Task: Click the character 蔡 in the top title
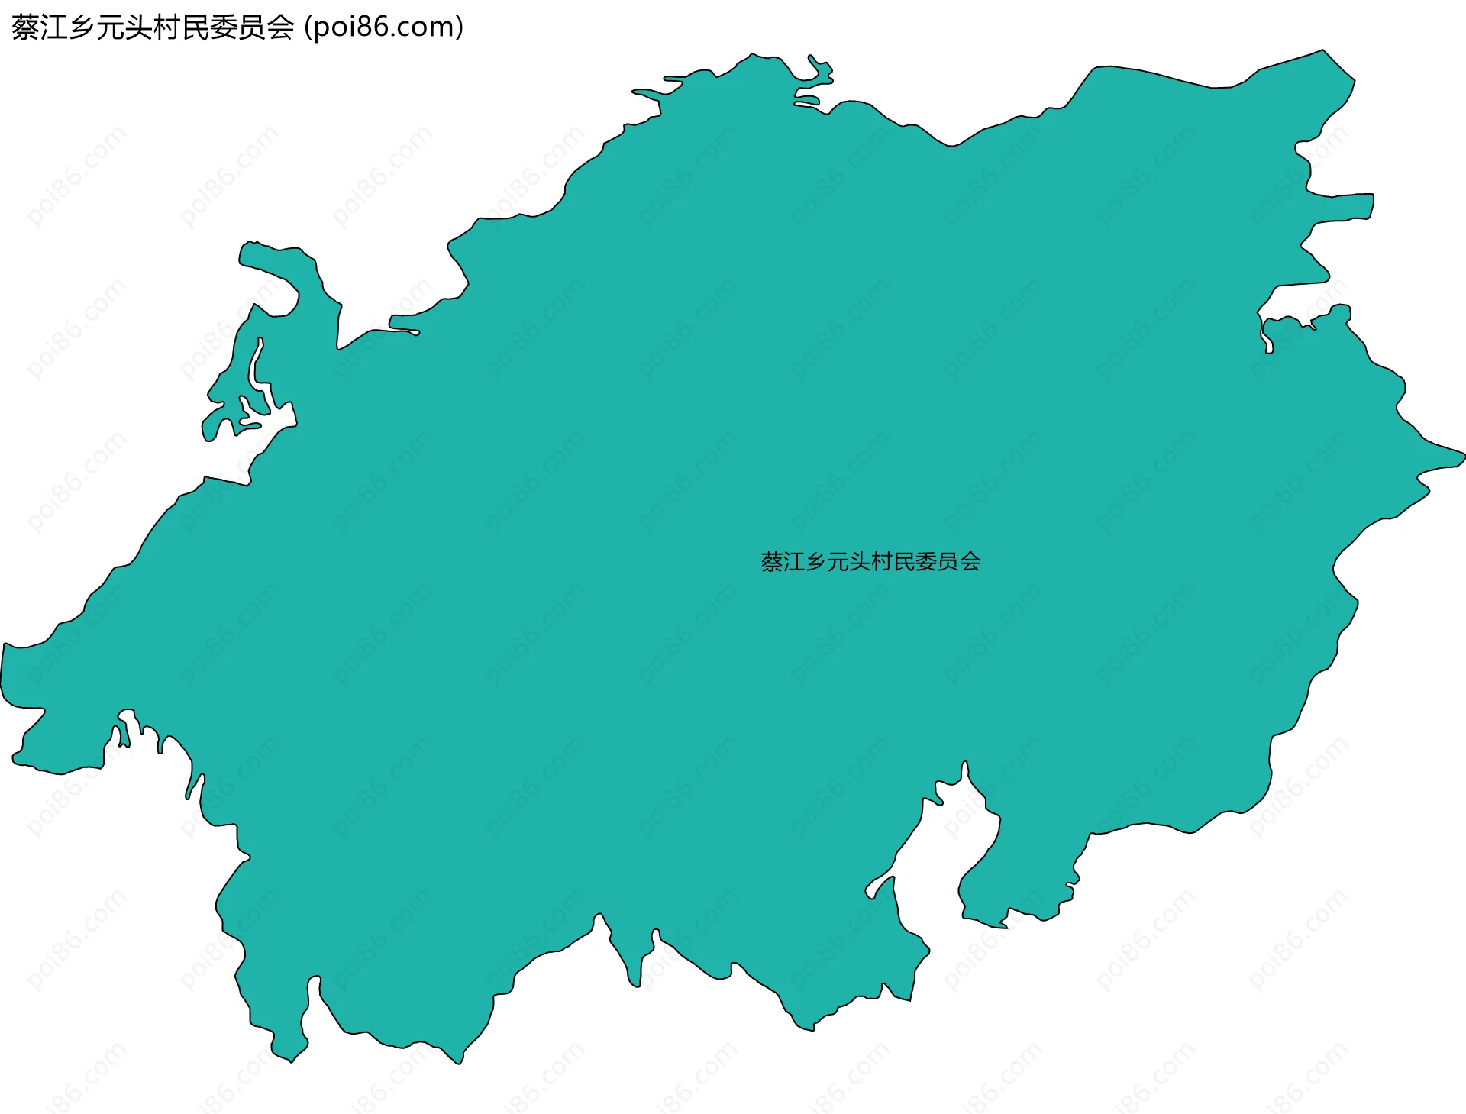pos(26,28)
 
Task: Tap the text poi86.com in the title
pos(384,28)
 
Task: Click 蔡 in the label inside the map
pos(772,562)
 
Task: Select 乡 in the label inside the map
pos(816,562)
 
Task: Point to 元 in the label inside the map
pos(838,562)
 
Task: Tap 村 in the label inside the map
pos(883,562)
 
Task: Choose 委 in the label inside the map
pos(927,562)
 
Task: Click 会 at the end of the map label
pos(970,562)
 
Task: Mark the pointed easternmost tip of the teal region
pos(1462,457)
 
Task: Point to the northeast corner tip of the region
pos(1325,52)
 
